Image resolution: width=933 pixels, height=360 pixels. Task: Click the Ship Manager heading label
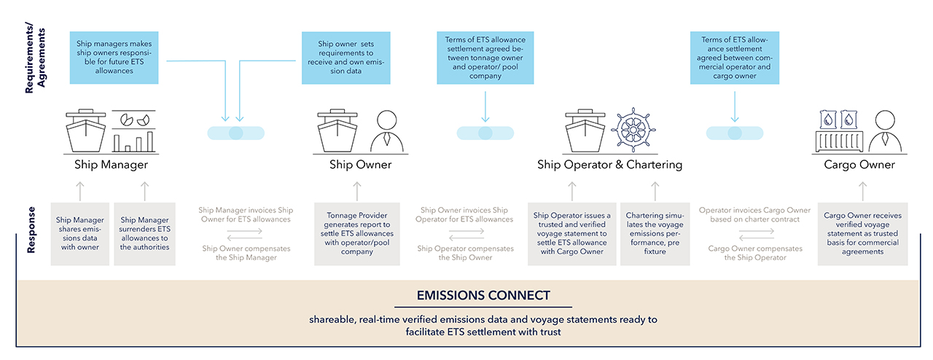pos(111,165)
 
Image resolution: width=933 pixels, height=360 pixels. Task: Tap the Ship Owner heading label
pos(360,165)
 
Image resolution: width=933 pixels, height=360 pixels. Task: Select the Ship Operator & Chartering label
pos(609,165)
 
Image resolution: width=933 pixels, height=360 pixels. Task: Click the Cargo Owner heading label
pos(859,165)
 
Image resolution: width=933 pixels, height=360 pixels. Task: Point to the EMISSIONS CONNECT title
pos(483,296)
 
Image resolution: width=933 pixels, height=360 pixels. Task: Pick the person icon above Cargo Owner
pos(883,131)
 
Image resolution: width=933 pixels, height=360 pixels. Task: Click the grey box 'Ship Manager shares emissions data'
pos(79,233)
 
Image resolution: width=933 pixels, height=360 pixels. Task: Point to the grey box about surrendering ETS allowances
pos(144,233)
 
